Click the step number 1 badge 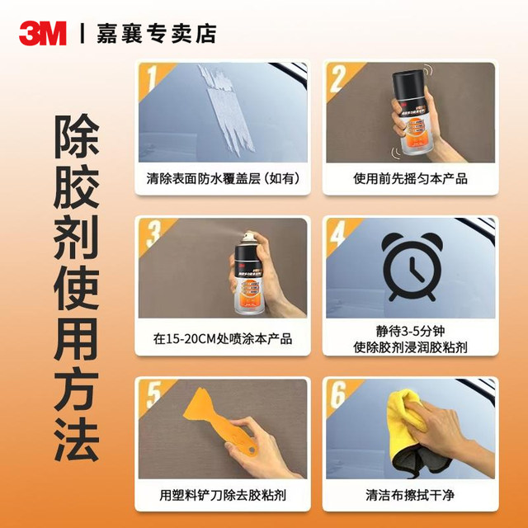point(150,82)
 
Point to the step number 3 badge point(150,236)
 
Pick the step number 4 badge point(336,236)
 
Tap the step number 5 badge point(150,395)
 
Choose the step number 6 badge point(336,395)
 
